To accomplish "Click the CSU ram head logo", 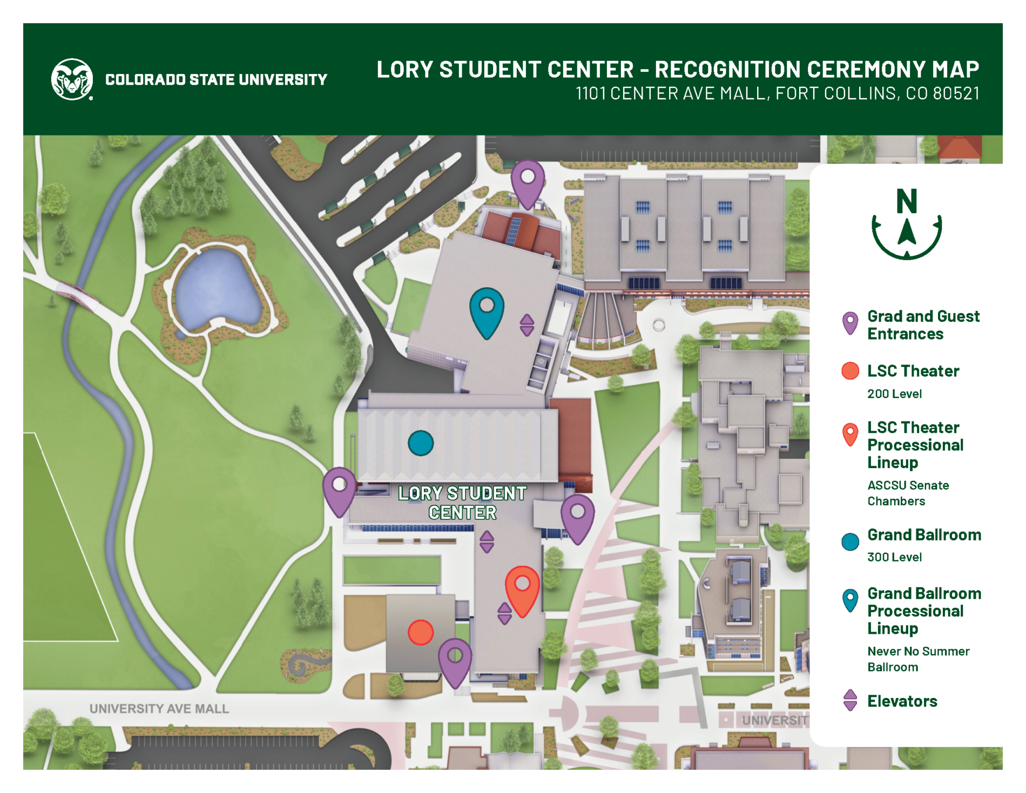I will (x=72, y=79).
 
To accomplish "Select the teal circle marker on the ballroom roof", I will (x=420, y=443).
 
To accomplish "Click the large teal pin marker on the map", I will (x=487, y=310).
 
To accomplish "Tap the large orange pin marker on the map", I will (x=522, y=588).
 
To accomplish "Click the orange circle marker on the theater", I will (x=420, y=632).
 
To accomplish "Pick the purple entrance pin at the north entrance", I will (x=527, y=182).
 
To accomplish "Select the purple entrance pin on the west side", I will (x=339, y=489).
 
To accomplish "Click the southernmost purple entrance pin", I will (x=455, y=661).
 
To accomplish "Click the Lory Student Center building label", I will (x=462, y=503).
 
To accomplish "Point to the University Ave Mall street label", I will (x=159, y=708).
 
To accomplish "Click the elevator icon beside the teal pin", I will (x=526, y=325).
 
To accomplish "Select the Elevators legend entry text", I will (x=902, y=701).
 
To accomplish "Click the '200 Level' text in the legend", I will (x=894, y=394).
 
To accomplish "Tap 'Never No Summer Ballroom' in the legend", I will (x=918, y=659).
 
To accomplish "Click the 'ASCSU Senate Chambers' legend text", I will (x=908, y=493).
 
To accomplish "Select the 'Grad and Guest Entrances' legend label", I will (x=923, y=325).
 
